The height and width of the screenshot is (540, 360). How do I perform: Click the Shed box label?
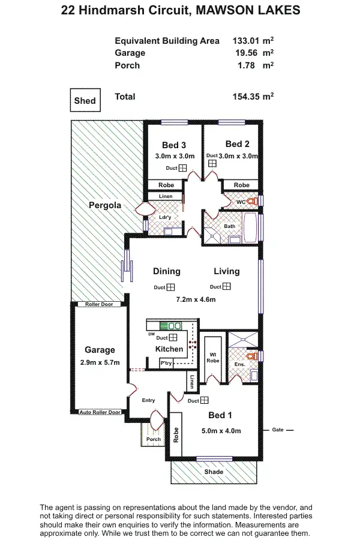pos(85,101)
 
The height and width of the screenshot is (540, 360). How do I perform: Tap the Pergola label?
pos(105,205)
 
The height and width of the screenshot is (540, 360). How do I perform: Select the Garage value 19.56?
pos(247,53)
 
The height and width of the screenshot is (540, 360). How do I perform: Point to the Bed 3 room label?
pos(174,145)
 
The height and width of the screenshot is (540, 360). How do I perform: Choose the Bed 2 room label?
pos(238,144)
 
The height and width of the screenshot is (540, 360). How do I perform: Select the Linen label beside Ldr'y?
pos(166,197)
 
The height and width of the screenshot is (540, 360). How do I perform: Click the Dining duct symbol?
pos(171,287)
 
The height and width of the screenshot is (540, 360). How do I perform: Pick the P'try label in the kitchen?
pos(166,364)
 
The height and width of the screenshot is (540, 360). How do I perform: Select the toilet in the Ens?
pos(254,356)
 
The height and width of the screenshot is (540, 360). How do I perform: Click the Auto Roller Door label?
pos(100,412)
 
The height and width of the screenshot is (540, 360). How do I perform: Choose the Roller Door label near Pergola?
pos(98,304)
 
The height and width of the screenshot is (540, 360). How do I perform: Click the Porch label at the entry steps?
pos(153,439)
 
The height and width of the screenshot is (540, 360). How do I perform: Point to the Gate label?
pos(277,430)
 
